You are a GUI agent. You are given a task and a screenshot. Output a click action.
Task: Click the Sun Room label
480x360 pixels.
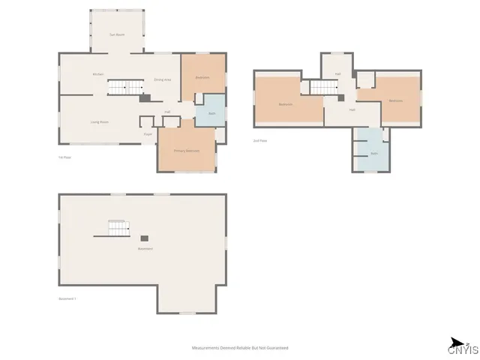click(x=116, y=34)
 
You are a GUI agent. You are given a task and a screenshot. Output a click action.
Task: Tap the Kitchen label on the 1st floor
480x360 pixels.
click(x=97, y=74)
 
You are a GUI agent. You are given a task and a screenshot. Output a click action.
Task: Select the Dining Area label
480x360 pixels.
click(x=163, y=79)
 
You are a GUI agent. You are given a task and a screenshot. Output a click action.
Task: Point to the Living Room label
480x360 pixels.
click(x=100, y=121)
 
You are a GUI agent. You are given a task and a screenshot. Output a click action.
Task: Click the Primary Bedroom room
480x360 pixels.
click(x=187, y=151)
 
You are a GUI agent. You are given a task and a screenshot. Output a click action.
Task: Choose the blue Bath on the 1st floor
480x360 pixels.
click(x=211, y=112)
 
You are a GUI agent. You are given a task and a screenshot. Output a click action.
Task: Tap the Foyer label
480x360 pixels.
click(x=148, y=133)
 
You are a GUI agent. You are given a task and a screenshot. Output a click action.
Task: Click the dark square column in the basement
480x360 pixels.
click(x=144, y=239)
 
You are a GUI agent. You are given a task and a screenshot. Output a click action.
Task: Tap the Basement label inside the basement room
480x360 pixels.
click(x=145, y=248)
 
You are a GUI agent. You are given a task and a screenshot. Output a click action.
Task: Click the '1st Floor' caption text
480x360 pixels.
click(x=64, y=157)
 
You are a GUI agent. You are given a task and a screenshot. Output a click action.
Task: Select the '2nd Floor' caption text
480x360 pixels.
click(x=259, y=140)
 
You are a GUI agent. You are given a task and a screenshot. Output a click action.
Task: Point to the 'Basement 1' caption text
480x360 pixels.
click(x=67, y=298)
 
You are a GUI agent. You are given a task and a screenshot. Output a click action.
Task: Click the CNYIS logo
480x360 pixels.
click(x=460, y=346)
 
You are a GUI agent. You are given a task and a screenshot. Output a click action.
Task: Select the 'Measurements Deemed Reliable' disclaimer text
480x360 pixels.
click(x=240, y=348)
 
